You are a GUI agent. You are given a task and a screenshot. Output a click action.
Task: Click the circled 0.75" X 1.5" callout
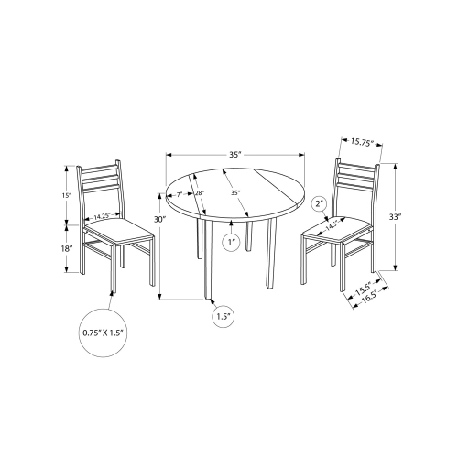tap(102, 334)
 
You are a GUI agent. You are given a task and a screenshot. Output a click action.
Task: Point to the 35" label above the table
tap(235, 156)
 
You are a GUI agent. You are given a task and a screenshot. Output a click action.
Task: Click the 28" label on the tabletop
tap(199, 193)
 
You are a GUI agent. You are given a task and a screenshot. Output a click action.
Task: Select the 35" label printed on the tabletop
tap(235, 194)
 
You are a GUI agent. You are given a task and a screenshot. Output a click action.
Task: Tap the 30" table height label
tap(160, 220)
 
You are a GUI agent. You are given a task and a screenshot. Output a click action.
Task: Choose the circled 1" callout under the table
tap(233, 243)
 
